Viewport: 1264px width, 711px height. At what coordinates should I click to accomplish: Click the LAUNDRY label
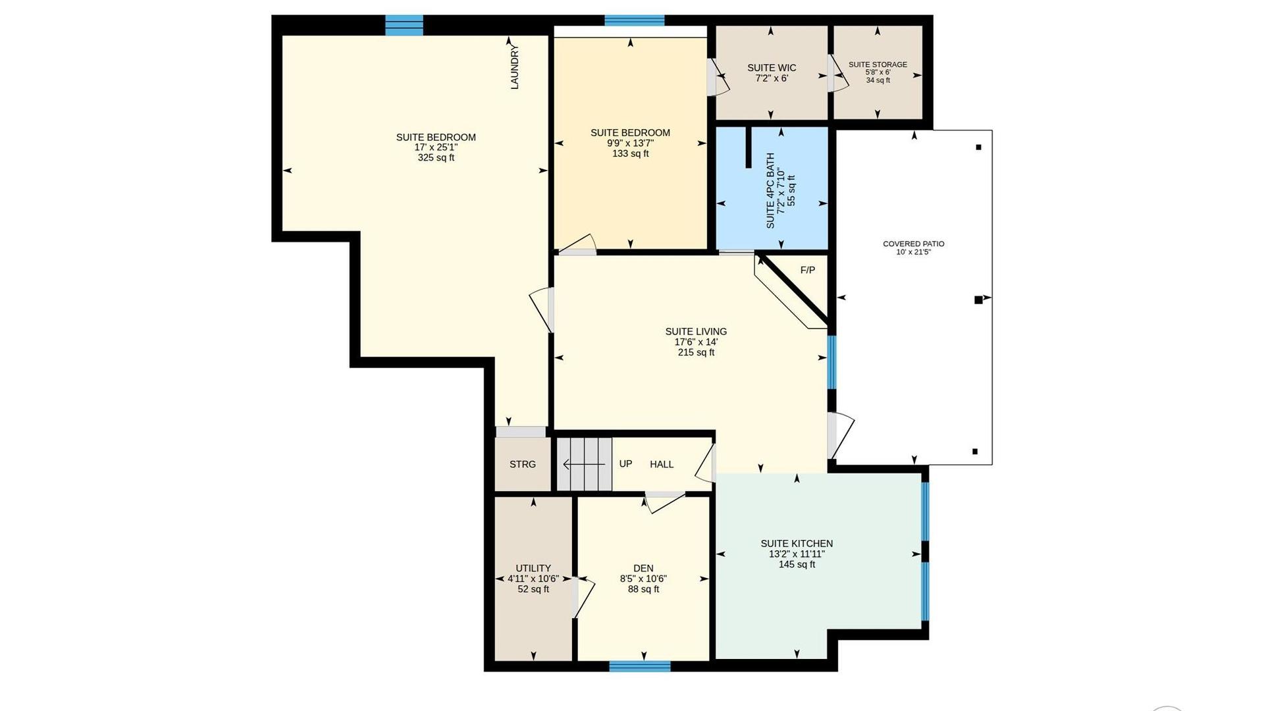tap(515, 67)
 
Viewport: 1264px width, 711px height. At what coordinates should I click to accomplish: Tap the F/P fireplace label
tap(808, 270)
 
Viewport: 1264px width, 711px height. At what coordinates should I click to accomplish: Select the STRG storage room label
tap(523, 464)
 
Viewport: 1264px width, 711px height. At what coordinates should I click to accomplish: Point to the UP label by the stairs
tap(625, 463)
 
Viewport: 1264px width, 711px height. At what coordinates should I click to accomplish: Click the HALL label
tap(662, 464)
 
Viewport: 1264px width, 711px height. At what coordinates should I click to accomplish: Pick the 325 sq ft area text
tap(436, 158)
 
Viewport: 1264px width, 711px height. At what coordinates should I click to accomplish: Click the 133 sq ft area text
tap(631, 153)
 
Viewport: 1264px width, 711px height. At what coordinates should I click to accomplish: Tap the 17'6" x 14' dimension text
tap(696, 342)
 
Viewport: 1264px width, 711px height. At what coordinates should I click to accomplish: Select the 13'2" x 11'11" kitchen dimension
tap(797, 554)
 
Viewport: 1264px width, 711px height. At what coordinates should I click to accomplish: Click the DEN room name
tap(643, 568)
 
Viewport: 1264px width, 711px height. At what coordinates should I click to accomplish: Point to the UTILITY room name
tap(533, 568)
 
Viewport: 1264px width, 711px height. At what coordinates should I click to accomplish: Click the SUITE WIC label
tap(772, 68)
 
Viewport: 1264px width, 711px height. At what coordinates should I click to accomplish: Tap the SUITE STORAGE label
tap(878, 65)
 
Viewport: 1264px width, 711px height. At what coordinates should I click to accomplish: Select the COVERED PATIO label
tap(914, 244)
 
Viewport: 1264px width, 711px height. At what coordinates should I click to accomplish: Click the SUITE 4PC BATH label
tap(770, 191)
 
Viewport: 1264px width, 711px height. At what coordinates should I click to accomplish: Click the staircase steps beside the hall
tap(585, 464)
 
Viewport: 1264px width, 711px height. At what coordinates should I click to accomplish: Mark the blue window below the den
tap(640, 666)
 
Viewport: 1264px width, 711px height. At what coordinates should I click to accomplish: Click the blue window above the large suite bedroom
tap(404, 25)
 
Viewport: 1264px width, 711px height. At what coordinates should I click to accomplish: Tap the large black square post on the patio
tap(978, 300)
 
